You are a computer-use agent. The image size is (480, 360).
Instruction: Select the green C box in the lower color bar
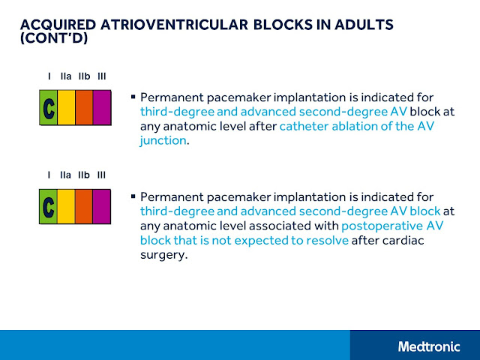48,207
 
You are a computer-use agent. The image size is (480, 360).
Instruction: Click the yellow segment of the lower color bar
66,207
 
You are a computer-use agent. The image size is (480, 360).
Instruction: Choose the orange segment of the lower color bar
84,207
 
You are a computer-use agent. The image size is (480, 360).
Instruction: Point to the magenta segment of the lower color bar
102,207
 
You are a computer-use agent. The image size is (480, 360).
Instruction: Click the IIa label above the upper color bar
66,76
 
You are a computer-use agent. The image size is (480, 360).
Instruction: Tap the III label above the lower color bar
102,175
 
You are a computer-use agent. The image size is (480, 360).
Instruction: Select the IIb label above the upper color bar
84,76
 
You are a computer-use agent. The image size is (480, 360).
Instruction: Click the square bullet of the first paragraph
133,96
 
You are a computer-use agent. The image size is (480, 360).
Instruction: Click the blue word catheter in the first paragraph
304,126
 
